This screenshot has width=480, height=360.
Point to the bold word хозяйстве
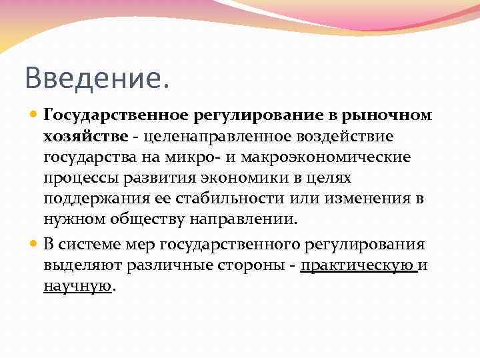click(x=86, y=137)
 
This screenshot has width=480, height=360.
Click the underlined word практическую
click(x=359, y=265)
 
